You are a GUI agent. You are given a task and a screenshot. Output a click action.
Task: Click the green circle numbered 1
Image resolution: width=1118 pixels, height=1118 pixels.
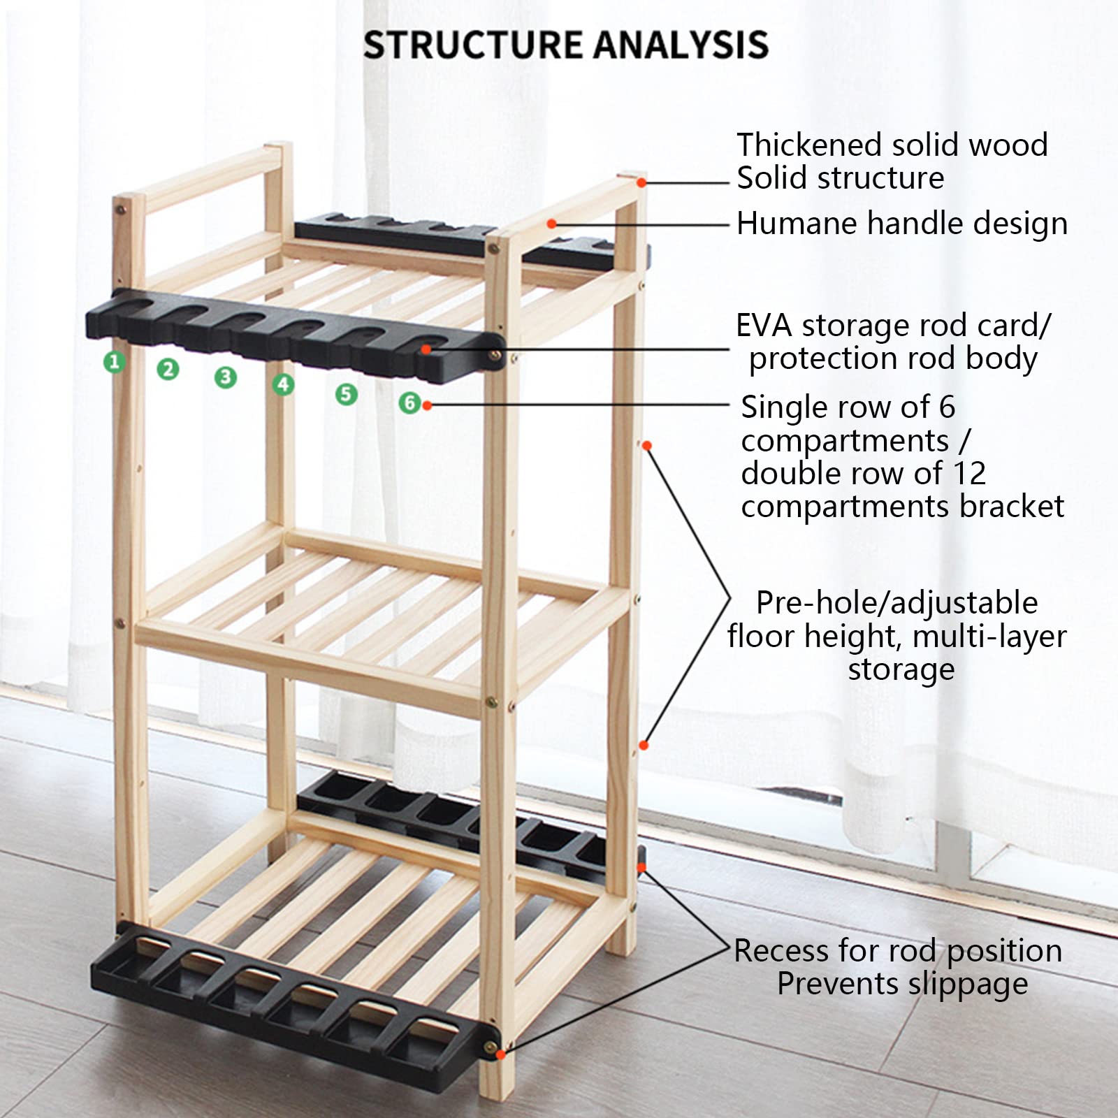(x=115, y=362)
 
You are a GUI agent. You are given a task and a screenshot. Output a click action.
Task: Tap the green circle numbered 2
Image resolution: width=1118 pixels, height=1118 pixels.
(x=168, y=369)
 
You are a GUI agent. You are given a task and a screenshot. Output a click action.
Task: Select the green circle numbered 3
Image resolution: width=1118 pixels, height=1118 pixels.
(x=225, y=377)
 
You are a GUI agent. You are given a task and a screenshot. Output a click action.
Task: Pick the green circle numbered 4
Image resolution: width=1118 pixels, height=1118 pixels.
(x=283, y=384)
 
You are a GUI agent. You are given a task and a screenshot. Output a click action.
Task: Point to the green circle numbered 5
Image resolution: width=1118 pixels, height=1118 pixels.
(x=346, y=394)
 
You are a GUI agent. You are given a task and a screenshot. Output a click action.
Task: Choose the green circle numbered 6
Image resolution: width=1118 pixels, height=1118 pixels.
(x=410, y=402)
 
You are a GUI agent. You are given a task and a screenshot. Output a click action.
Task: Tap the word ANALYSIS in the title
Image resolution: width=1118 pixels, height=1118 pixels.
(x=681, y=45)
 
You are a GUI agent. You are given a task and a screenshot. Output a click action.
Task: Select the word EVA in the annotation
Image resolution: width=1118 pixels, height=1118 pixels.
(x=763, y=326)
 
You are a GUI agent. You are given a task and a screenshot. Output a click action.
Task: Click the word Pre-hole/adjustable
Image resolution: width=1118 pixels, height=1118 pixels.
(x=896, y=603)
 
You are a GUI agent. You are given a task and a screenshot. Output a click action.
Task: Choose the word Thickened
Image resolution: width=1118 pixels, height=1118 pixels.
(x=811, y=145)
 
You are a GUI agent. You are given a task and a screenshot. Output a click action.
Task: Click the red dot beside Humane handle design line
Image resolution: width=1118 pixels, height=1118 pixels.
(x=551, y=224)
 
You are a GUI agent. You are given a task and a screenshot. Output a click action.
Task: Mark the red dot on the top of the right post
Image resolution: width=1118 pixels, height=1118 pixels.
(x=641, y=183)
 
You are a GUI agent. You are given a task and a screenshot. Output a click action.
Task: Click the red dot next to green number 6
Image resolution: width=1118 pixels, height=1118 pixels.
(x=427, y=405)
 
